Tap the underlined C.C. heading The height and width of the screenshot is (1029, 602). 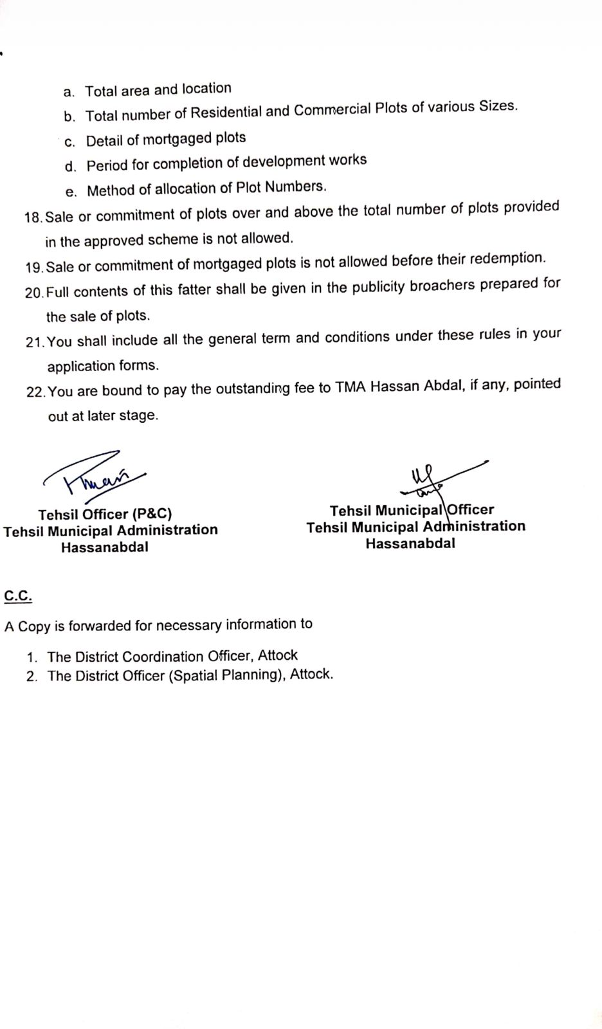(18, 596)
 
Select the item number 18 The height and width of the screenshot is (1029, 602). (33, 217)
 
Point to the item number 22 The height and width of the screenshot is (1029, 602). (35, 392)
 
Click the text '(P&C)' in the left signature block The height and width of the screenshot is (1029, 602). (152, 514)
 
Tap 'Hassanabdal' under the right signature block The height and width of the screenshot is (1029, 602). (410, 543)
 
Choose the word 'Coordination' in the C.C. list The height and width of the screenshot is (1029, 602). (163, 657)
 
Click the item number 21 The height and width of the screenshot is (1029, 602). (35, 342)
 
